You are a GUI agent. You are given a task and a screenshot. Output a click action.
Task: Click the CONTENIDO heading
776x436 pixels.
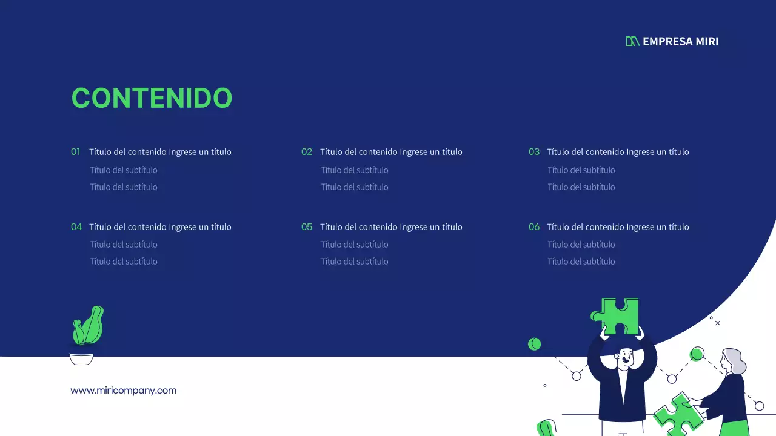click(152, 98)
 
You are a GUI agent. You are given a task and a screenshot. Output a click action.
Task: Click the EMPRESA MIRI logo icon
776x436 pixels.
click(632, 41)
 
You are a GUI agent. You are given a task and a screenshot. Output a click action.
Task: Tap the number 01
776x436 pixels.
click(76, 152)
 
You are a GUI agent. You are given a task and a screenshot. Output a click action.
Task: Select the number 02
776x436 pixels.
click(307, 152)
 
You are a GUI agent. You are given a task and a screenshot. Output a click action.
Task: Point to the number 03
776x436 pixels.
click(533, 152)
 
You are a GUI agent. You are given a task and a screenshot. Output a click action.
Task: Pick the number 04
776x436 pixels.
click(76, 227)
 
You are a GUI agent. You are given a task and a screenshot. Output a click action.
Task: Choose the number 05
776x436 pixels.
click(307, 227)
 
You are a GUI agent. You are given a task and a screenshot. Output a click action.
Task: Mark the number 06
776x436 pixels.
click(533, 227)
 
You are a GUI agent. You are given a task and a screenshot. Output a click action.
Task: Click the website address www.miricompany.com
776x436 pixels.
click(124, 391)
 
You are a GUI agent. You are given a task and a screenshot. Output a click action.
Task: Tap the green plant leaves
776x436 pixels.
click(89, 326)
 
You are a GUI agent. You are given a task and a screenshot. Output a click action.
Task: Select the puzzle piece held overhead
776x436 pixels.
click(617, 315)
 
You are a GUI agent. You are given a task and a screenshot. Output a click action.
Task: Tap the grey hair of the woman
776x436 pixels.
click(735, 360)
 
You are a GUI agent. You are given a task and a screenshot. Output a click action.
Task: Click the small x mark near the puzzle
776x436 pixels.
click(718, 323)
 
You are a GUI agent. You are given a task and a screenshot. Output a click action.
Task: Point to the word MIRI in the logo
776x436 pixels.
click(707, 41)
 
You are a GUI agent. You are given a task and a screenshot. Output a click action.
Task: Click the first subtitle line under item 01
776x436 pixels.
click(124, 170)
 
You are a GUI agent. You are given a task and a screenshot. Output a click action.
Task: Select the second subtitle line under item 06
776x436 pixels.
click(581, 262)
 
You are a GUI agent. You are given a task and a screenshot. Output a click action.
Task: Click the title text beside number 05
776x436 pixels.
click(391, 227)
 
